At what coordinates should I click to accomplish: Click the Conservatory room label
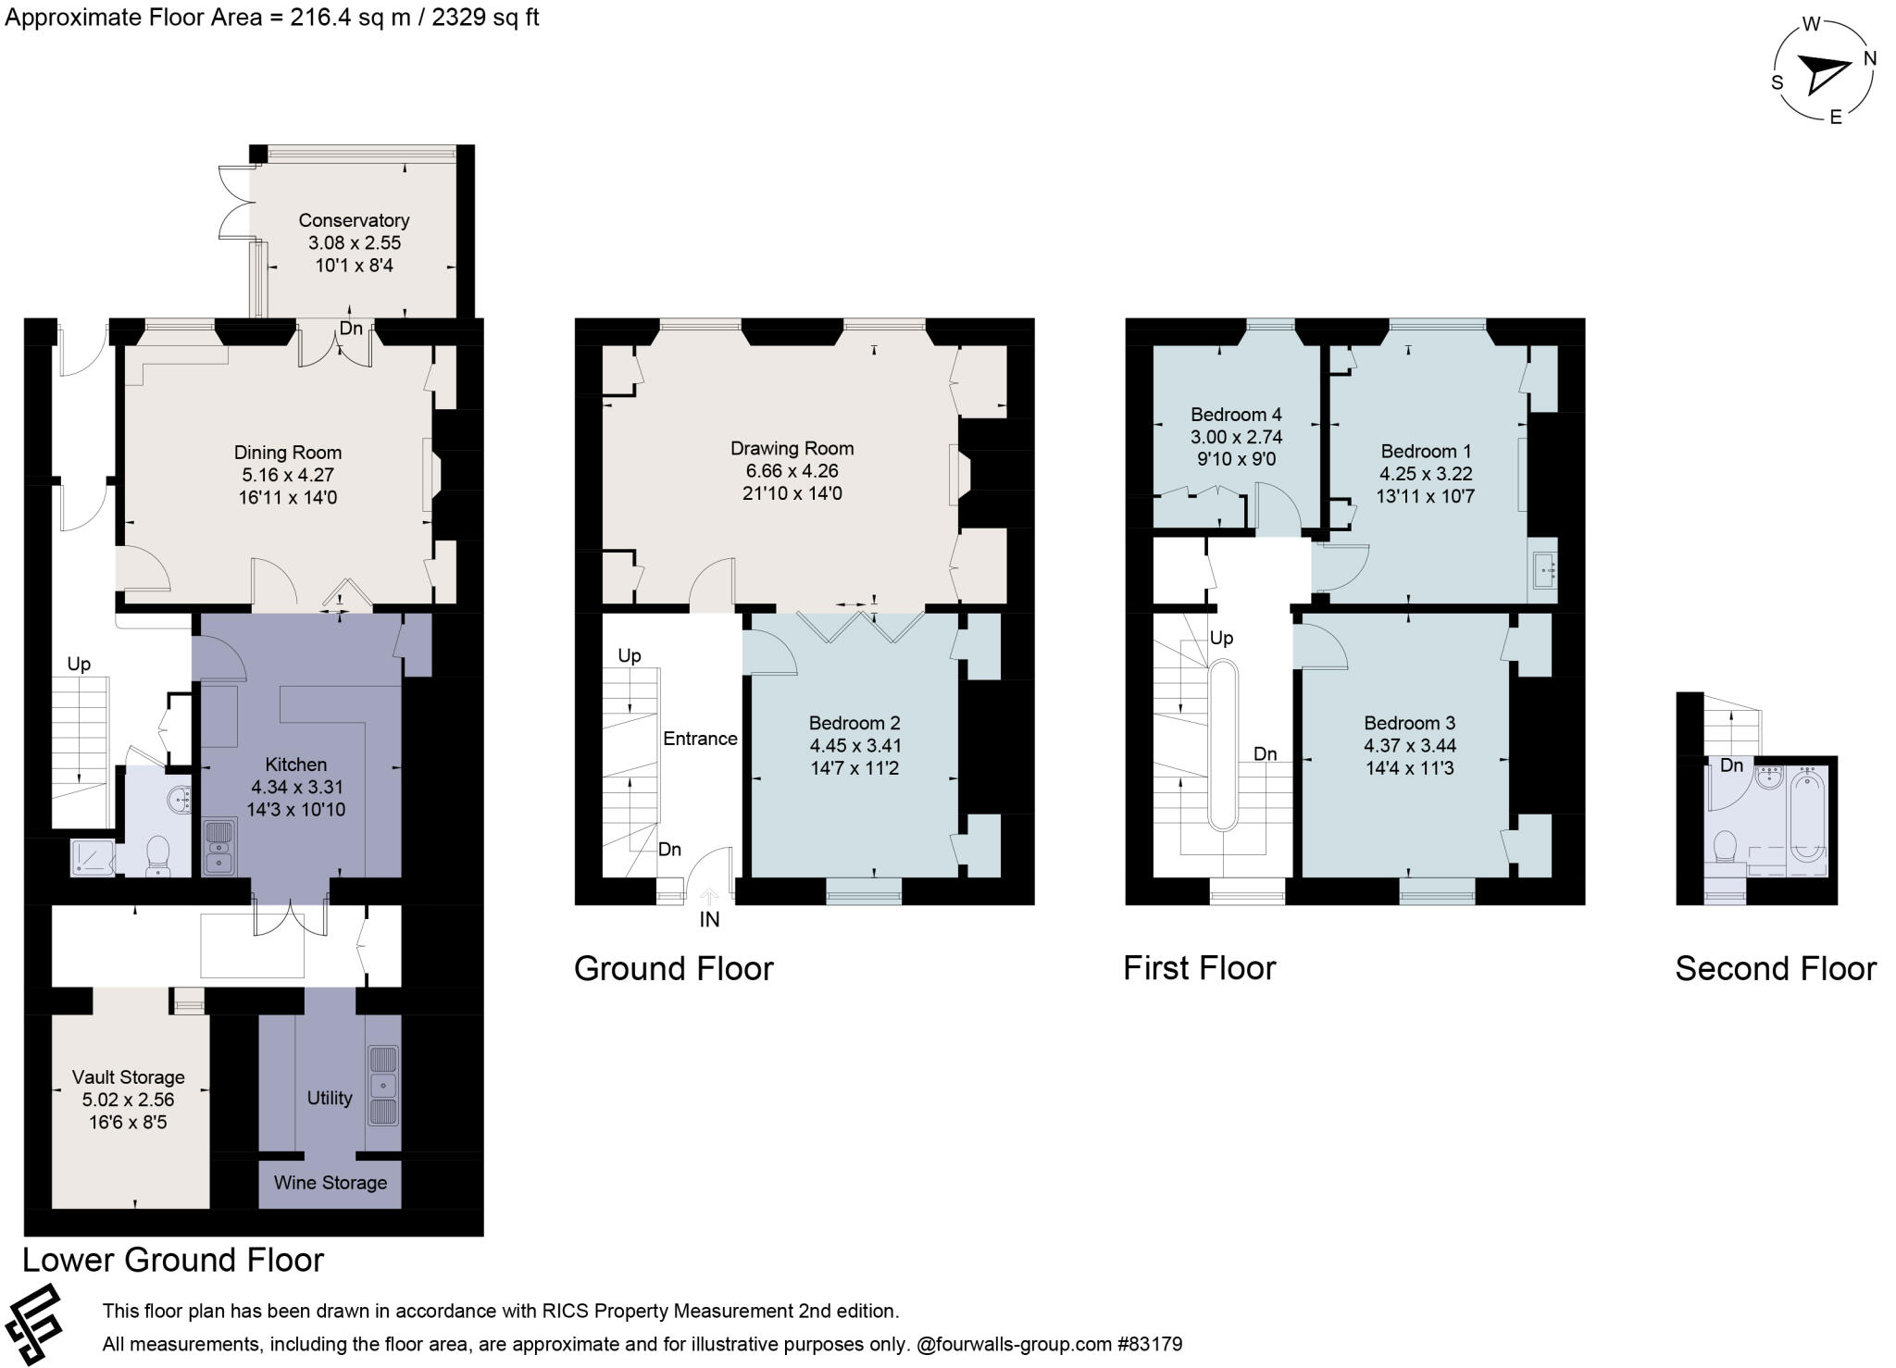(354, 220)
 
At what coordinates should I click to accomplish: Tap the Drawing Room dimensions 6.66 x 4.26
(792, 470)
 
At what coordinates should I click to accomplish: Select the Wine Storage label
(330, 1183)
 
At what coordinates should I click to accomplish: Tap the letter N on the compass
(1869, 58)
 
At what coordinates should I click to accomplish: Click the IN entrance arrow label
(709, 919)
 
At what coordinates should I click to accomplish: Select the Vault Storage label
(128, 1077)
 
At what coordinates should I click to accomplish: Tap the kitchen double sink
(219, 847)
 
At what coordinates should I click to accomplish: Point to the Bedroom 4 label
(1236, 414)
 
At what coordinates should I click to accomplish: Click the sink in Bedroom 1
(1544, 570)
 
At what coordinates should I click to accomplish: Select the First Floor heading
(1199, 968)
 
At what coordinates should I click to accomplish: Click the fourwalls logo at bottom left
(33, 1324)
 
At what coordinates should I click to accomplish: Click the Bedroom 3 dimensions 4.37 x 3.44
(1409, 745)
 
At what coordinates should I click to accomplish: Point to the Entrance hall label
(700, 739)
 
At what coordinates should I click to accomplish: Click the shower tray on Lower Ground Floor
(94, 858)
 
